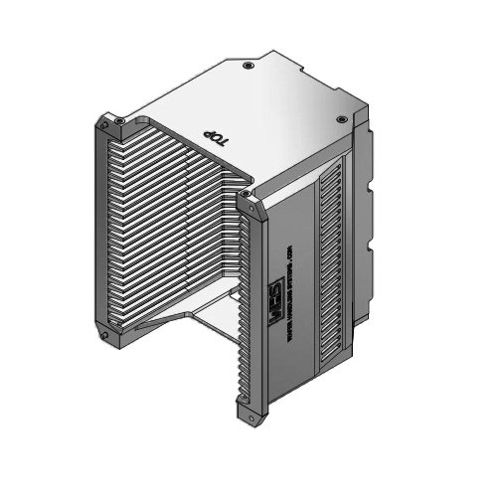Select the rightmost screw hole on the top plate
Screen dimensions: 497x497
pyautogui.click(x=342, y=119)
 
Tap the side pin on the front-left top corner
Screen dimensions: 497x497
pyautogui.click(x=102, y=130)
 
